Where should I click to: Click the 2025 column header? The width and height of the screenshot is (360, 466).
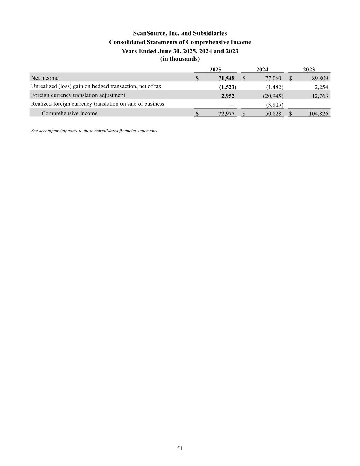[x=215, y=69]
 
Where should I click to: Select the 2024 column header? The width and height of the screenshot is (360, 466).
[x=262, y=69]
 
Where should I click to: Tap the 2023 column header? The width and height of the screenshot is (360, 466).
[x=309, y=69]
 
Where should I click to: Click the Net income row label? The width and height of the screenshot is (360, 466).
[x=45, y=78]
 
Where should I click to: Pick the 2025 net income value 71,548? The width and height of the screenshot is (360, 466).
[x=226, y=79]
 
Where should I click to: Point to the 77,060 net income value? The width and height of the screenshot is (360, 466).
[x=273, y=79]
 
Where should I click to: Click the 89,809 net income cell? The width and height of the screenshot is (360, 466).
[x=320, y=79]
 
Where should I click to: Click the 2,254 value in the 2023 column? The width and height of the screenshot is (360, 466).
[x=321, y=87]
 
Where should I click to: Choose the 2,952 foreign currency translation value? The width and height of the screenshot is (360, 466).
[x=228, y=96]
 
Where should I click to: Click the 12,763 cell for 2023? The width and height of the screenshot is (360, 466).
[x=320, y=96]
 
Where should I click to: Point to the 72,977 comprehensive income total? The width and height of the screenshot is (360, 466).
[x=226, y=114]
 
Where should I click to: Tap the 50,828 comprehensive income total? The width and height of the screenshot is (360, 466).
[x=273, y=114]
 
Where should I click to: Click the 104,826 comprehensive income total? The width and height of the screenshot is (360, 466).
[x=318, y=114]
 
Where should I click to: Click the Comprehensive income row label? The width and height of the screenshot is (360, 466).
[x=69, y=113]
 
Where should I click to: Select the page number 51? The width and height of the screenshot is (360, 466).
[x=180, y=448]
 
